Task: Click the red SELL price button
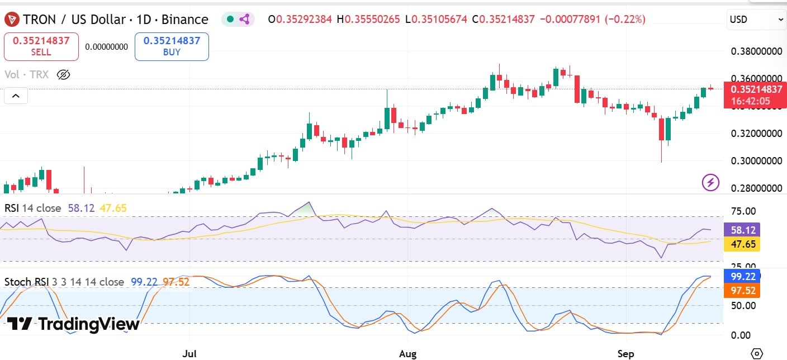pos(41,46)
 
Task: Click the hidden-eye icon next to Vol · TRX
pos(63,74)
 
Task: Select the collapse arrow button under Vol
pos(16,96)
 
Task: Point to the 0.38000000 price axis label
pos(756,51)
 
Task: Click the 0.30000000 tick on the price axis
pos(756,161)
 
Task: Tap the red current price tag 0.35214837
pos(754,89)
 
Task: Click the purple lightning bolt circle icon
pos(710,182)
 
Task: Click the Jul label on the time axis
pos(189,354)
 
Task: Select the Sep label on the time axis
pos(625,354)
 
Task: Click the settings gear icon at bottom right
pos(757,353)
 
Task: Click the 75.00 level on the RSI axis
pos(743,211)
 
